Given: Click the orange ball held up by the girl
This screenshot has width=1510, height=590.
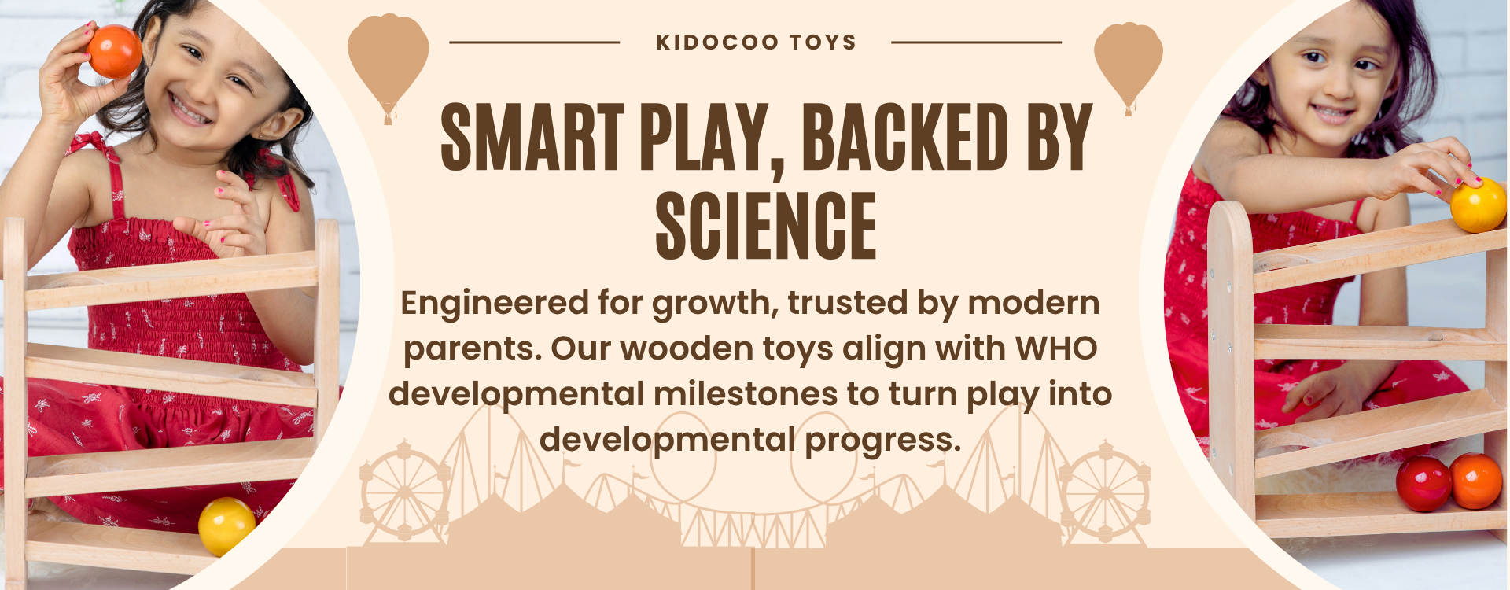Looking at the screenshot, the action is pyautogui.click(x=114, y=51).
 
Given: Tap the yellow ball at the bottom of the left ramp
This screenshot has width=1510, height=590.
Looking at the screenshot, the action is pyautogui.click(x=226, y=525).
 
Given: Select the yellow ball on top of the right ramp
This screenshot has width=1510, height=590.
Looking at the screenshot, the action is pyautogui.click(x=1478, y=205).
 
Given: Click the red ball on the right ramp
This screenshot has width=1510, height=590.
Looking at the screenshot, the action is pyautogui.click(x=1423, y=483).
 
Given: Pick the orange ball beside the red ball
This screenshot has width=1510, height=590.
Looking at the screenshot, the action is pyautogui.click(x=1476, y=481).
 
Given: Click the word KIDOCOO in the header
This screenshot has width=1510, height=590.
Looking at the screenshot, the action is pyautogui.click(x=717, y=42).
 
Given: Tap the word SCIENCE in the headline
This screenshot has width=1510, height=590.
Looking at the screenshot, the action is pyautogui.click(x=766, y=227).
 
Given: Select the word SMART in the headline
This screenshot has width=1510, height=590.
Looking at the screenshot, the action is pyautogui.click(x=532, y=137).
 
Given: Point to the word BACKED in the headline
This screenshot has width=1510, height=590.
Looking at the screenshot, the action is pyautogui.click(x=905, y=137).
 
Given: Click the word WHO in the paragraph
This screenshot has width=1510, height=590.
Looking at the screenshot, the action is pyautogui.click(x=1056, y=348).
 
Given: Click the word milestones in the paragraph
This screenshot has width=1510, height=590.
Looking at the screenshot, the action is pyautogui.click(x=746, y=394).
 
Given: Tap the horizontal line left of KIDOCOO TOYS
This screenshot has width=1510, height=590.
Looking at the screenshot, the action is pyautogui.click(x=535, y=42).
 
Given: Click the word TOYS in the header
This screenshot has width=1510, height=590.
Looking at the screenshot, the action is pyautogui.click(x=823, y=42).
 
